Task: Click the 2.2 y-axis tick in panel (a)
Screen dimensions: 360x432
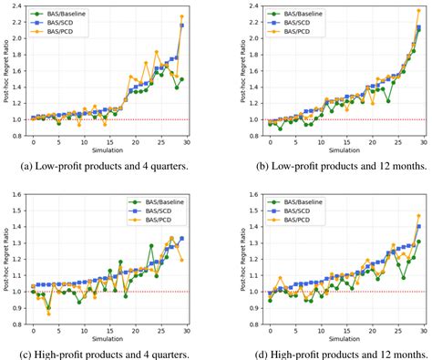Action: coord(18,24)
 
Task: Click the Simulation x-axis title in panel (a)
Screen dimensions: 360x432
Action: coord(109,150)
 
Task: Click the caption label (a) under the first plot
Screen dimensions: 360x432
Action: coord(37,166)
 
